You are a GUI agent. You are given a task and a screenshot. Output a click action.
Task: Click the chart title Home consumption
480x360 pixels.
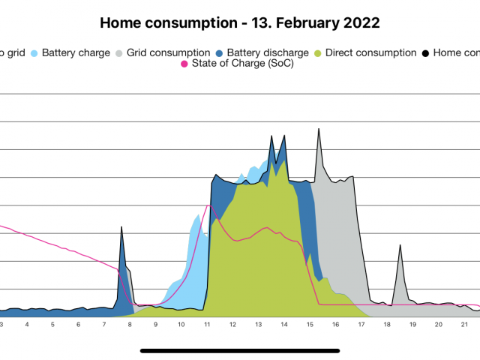tap(239, 22)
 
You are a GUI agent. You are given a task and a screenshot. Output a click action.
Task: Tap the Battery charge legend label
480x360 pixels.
tap(76, 52)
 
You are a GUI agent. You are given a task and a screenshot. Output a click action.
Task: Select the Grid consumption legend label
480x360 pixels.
tap(168, 52)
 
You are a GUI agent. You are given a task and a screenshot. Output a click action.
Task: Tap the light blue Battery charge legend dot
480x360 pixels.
tap(34, 53)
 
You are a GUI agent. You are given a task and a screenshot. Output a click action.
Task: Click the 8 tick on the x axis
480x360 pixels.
tap(130, 324)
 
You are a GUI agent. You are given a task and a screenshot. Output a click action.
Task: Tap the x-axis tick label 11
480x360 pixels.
tap(207, 324)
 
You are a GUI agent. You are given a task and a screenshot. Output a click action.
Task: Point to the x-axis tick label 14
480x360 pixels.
tap(284, 324)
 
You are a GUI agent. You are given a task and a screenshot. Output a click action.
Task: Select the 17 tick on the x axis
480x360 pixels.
tap(361, 324)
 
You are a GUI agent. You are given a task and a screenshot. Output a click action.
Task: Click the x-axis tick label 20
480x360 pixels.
tap(438, 324)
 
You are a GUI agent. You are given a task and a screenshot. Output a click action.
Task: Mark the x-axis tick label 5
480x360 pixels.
tap(52, 324)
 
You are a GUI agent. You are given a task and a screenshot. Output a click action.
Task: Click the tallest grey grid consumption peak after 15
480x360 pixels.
tap(319, 130)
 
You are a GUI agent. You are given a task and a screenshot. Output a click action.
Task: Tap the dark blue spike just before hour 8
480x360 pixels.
tap(121, 229)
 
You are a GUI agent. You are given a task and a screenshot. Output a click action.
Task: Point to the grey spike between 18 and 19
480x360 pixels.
tap(400, 246)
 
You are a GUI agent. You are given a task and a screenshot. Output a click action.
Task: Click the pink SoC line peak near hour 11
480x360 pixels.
tap(208, 205)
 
